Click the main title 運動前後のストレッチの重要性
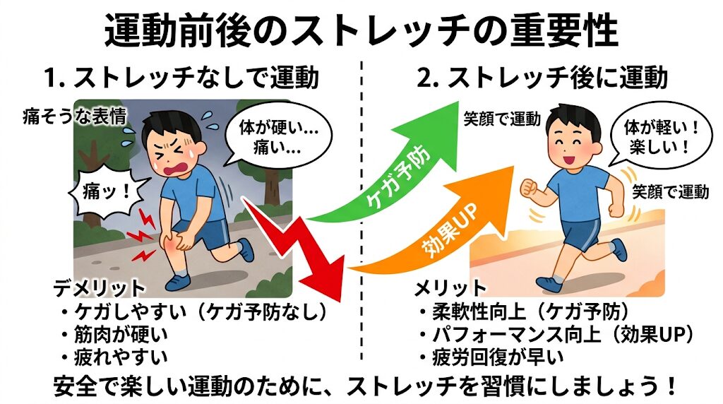point(361,30)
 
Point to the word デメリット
point(99,288)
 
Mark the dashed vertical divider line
point(362,212)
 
